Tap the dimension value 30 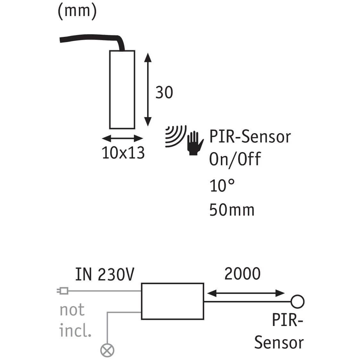(164, 92)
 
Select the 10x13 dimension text (123, 153)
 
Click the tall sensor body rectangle (122, 90)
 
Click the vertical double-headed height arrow (147, 90)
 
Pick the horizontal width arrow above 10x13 (122, 139)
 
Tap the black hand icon (195, 143)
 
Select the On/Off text (235, 159)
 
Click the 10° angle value (222, 185)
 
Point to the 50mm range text (232, 210)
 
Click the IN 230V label (105, 275)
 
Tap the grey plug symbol (63, 291)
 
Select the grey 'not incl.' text (75, 320)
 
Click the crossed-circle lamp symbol (107, 350)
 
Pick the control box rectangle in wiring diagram (172, 301)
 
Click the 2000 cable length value (242, 274)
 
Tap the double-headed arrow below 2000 (246, 293)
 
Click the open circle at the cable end (297, 301)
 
